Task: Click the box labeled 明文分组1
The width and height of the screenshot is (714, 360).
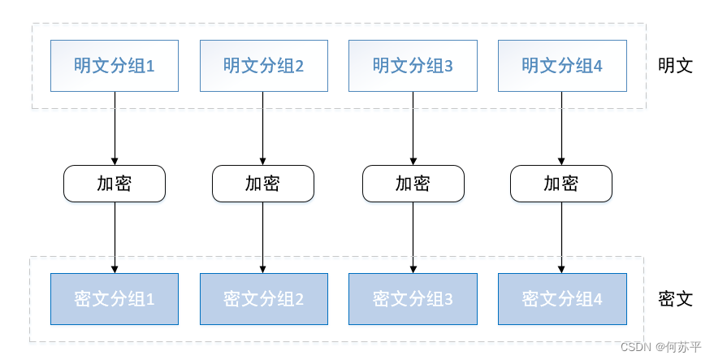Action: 115,65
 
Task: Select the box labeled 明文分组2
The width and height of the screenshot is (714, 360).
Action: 264,65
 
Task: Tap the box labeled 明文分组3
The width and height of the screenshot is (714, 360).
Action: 413,65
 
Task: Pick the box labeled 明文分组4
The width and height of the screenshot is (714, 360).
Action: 562,65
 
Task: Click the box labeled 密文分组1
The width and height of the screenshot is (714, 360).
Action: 115,298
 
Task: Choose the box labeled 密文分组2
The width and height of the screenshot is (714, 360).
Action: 264,298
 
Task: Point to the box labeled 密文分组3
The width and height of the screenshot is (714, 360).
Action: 413,298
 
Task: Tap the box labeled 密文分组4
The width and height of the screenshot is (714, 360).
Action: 562,298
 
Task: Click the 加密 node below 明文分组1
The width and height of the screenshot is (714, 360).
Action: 115,184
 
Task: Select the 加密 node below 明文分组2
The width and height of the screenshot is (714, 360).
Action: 263,184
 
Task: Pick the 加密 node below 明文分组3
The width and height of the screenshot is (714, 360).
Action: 413,184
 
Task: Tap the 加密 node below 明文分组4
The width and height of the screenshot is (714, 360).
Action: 561,184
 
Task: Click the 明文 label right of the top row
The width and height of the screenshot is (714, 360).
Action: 675,66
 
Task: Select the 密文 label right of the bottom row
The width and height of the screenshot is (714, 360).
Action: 675,299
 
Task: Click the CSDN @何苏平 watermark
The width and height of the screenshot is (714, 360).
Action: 660,347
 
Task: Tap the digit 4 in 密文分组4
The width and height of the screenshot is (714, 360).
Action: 598,299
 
